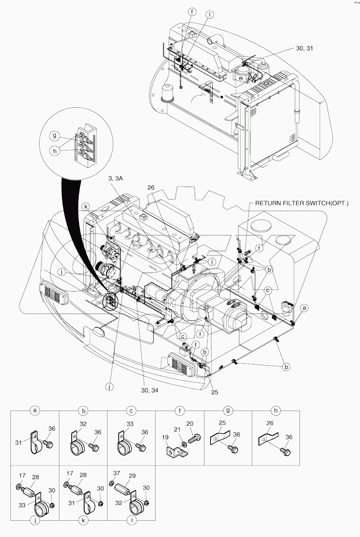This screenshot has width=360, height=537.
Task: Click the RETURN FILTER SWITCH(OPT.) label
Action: [301, 203]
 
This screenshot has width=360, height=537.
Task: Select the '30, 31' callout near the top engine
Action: [304, 48]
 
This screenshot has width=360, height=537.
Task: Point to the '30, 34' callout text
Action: [150, 390]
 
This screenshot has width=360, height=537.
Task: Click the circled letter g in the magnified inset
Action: [55, 136]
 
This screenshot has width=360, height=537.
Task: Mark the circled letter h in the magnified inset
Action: [55, 151]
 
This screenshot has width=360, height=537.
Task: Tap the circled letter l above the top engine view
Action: [209, 15]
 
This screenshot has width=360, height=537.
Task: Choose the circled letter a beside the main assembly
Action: [305, 308]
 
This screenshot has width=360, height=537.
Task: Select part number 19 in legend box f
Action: [165, 437]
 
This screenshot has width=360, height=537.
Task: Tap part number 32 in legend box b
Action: [83, 424]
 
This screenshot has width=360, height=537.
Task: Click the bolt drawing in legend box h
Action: [286, 451]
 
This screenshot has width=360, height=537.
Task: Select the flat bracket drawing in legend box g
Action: [219, 438]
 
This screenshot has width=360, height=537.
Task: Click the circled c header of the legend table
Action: [132, 411]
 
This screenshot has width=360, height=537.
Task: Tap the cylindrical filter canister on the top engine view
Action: [170, 93]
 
